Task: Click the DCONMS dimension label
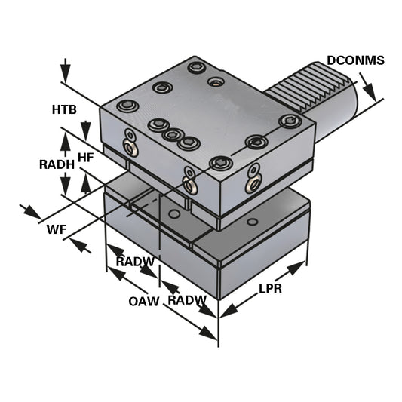pos(355,60)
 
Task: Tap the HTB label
pos(64,110)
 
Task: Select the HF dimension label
pos(86,157)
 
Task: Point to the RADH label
pos(56,164)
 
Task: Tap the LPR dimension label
pos(270,289)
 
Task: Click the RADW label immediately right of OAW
pos(186,300)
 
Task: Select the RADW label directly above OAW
pos(135,262)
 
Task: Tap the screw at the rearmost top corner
pos(198,68)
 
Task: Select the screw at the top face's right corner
pos(290,121)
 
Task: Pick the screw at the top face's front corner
pos(220,162)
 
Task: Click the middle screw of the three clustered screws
pos(173,135)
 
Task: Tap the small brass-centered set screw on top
pos(216,82)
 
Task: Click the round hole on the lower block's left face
pos(174,214)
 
